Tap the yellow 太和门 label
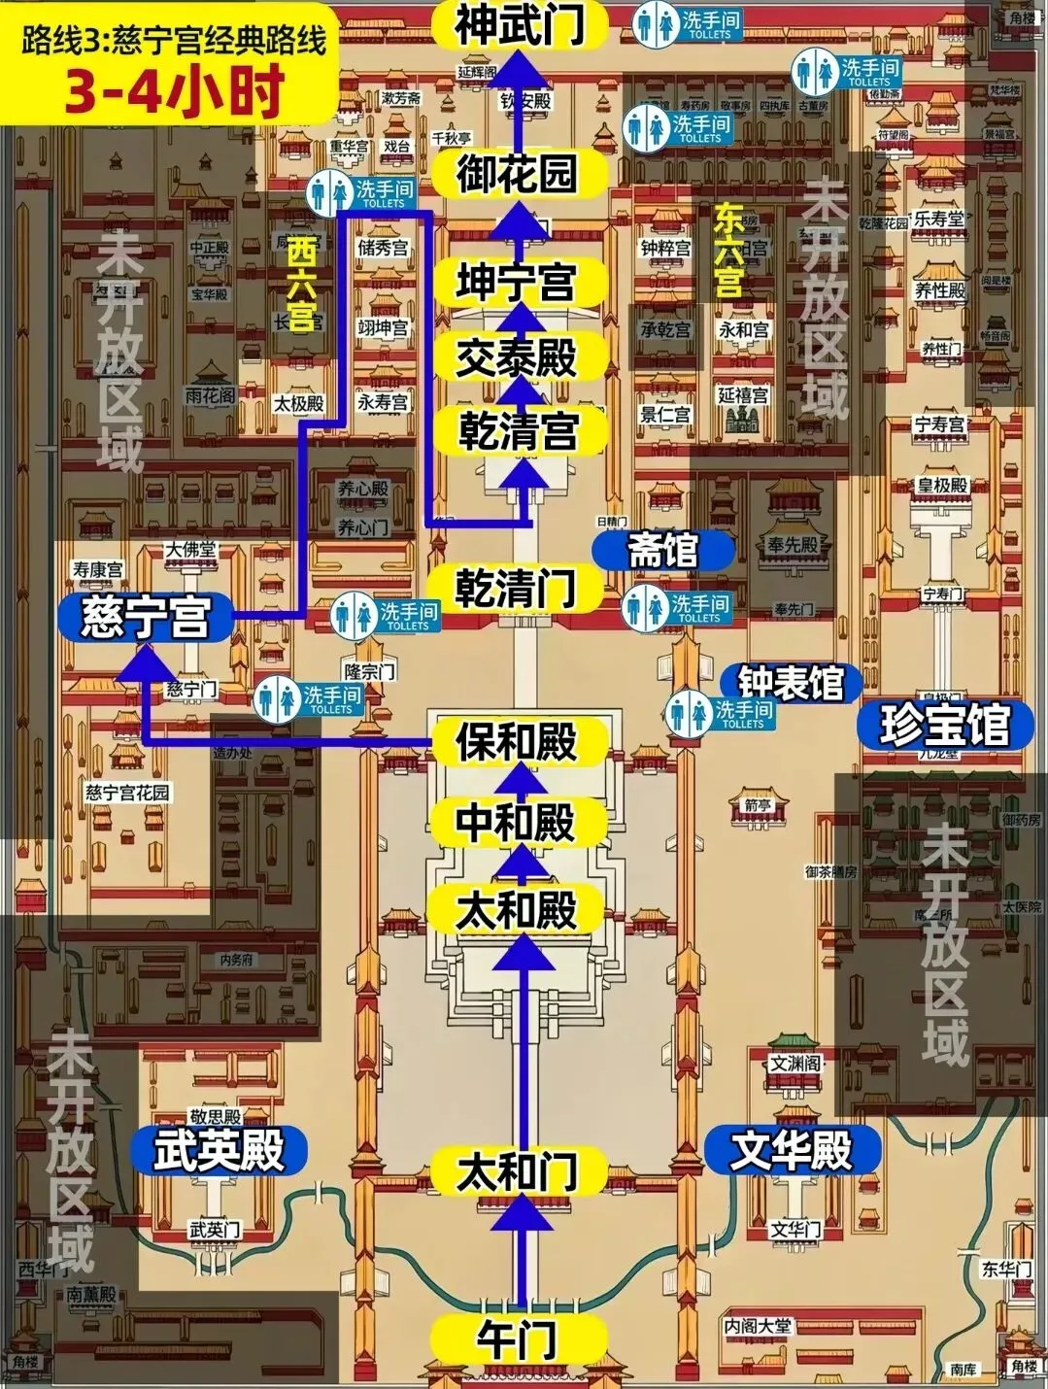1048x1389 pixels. (518, 1171)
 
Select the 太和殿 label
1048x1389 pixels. (518, 911)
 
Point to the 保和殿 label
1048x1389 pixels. (518, 743)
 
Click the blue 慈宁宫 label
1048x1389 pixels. (146, 617)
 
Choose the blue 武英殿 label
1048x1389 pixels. (220, 1151)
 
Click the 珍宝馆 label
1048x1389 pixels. (945, 725)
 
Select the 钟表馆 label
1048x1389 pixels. (791, 683)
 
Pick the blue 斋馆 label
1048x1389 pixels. (663, 551)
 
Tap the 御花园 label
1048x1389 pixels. (518, 174)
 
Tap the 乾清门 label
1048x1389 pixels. (518, 589)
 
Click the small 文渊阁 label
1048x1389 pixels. (794, 1063)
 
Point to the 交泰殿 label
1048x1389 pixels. (518, 357)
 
